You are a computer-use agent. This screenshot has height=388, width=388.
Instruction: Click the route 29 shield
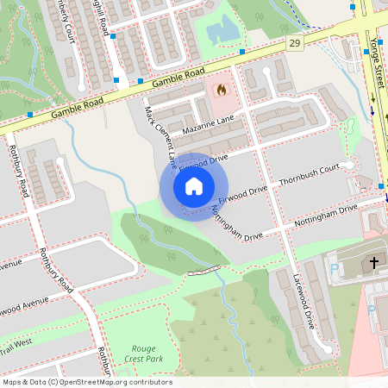point(295,43)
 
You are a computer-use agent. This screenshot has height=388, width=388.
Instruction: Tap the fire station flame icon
point(221,89)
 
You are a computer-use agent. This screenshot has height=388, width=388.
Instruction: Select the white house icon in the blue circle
point(193,185)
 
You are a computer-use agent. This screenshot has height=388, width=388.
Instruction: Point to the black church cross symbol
point(374,262)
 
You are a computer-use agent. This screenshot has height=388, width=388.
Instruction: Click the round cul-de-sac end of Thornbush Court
point(347,165)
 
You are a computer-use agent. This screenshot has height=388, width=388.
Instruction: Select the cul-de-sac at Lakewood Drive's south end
point(329,349)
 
